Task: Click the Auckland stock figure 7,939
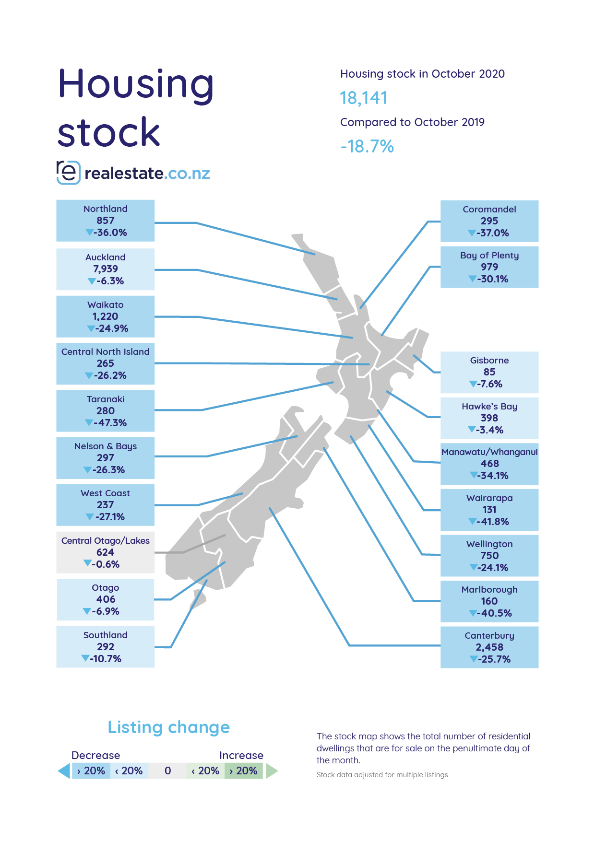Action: (106, 269)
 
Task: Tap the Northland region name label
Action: (106, 209)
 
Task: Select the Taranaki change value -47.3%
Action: (110, 423)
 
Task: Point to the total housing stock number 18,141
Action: (364, 98)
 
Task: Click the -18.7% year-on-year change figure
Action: (367, 146)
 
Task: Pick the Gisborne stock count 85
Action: (489, 372)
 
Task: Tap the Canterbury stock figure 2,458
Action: (489, 647)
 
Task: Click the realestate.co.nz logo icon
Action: (68, 173)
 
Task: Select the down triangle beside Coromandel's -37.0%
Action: (472, 233)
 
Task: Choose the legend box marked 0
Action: (167, 771)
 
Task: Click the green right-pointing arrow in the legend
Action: (272, 771)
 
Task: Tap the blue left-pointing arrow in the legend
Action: (64, 771)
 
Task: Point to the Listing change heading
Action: (169, 727)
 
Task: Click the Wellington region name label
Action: (489, 544)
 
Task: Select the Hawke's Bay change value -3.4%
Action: (490, 430)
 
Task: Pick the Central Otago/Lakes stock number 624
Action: (106, 552)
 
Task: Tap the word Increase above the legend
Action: (241, 756)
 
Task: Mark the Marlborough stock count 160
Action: (489, 601)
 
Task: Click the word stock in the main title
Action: (108, 132)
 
